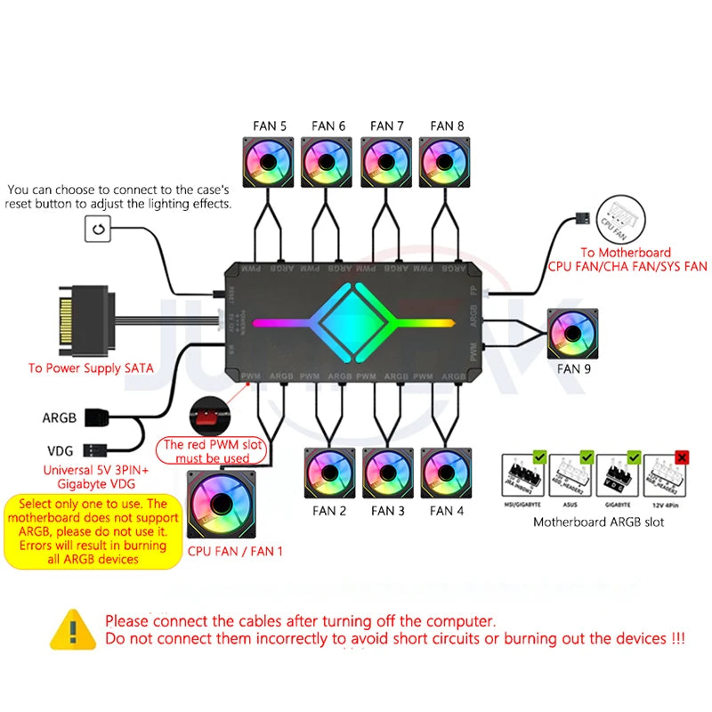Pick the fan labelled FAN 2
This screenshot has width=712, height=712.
[330, 473]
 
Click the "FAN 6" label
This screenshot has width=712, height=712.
[328, 126]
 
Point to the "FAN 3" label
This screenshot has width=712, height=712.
[388, 511]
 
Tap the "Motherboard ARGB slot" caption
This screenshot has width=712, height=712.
[598, 522]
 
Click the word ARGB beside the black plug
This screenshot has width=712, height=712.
[59, 417]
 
